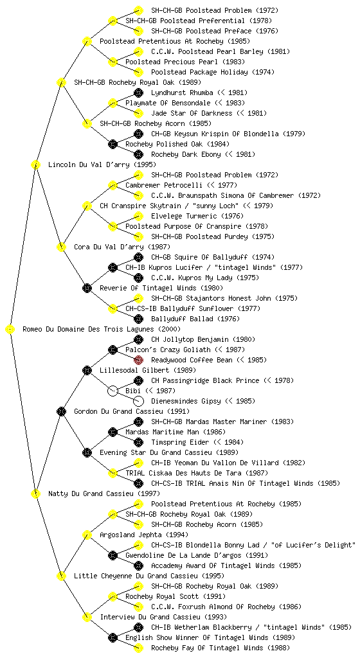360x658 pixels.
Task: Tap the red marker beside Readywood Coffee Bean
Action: coord(138,360)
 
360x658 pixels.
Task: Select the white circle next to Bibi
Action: coord(113,391)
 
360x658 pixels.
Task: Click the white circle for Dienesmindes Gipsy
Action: coord(138,401)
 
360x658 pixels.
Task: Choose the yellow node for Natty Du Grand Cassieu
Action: coord(35,494)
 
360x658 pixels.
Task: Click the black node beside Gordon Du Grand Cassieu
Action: coord(61,411)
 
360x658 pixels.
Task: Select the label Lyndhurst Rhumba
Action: coord(182,93)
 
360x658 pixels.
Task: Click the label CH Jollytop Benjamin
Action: coord(190,339)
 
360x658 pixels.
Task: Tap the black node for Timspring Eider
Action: coord(138,442)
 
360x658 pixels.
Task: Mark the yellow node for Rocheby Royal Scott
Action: coord(113,596)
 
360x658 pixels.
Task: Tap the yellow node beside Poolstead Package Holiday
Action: coord(138,72)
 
